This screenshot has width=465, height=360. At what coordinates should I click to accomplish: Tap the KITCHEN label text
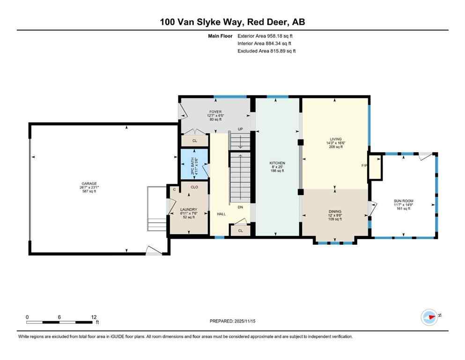277,163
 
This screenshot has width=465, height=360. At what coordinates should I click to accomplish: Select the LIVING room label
336,139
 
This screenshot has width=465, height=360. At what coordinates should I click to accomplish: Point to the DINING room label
334,211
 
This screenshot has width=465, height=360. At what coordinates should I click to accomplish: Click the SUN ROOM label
403,201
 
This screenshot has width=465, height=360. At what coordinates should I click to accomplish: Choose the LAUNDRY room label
189,210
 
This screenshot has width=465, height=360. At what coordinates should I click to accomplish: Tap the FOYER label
215,112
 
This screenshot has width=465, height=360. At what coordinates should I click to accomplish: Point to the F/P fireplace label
364,166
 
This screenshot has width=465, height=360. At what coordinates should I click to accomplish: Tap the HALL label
221,214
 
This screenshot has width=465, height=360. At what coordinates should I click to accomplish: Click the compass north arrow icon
430,317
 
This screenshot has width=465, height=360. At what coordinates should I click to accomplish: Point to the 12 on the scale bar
94,317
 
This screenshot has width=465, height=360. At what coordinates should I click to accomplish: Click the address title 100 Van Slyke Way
232,22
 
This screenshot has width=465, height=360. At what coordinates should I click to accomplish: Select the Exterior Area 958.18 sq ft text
267,36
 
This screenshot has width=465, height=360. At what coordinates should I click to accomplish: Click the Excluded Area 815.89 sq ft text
267,51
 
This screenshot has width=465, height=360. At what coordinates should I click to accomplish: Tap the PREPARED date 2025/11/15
232,321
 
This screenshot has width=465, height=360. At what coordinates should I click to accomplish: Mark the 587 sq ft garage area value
89,191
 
